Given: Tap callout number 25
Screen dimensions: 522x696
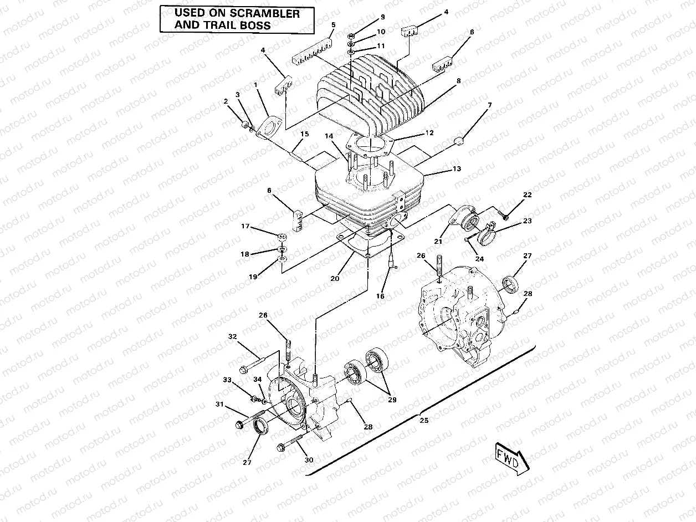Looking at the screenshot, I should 424,420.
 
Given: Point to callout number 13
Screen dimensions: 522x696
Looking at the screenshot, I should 456,168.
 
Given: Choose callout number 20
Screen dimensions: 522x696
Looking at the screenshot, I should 335,278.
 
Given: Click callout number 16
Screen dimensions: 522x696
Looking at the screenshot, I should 380,296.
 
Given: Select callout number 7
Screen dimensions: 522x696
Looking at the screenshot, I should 489,105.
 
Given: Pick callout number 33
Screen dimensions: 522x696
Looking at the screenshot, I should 227,380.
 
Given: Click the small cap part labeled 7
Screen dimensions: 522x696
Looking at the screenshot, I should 459,142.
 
